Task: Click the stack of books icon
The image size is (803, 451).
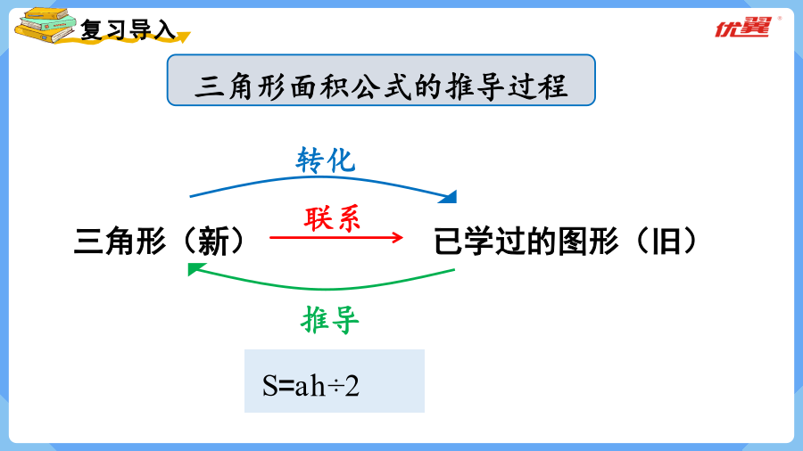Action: point(46,26)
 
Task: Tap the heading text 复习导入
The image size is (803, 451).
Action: point(128,29)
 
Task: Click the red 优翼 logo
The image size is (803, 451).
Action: point(742,28)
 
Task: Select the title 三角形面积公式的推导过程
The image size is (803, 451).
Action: point(381,86)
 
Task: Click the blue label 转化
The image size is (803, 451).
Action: point(326,160)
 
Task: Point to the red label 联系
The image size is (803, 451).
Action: point(333,219)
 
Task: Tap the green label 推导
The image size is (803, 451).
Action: point(330,320)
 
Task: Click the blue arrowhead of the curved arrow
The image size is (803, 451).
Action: point(448,197)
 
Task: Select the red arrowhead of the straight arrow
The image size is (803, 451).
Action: point(398,237)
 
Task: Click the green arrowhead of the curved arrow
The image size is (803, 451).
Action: point(196,268)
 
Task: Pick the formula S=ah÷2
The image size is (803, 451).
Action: point(310,386)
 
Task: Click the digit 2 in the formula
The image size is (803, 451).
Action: point(352,386)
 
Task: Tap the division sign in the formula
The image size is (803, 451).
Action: point(335,388)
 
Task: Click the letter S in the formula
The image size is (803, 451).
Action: point(269,386)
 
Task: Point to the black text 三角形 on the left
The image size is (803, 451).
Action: point(120,242)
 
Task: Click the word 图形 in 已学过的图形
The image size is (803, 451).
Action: point(589,241)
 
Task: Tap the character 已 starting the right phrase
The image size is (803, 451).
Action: point(449,242)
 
